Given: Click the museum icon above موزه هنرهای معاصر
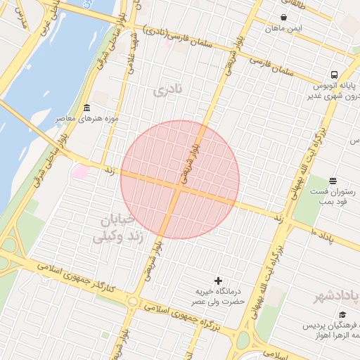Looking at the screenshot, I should [86, 108].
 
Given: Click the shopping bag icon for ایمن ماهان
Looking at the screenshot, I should [283, 18].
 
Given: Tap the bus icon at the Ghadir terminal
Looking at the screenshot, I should [333, 75].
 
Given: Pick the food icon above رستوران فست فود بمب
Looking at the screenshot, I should [332, 180].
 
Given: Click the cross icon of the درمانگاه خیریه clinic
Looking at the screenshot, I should [218, 281].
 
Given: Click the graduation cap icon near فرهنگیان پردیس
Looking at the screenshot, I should [342, 314].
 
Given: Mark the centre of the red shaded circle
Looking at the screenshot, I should [180, 180].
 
